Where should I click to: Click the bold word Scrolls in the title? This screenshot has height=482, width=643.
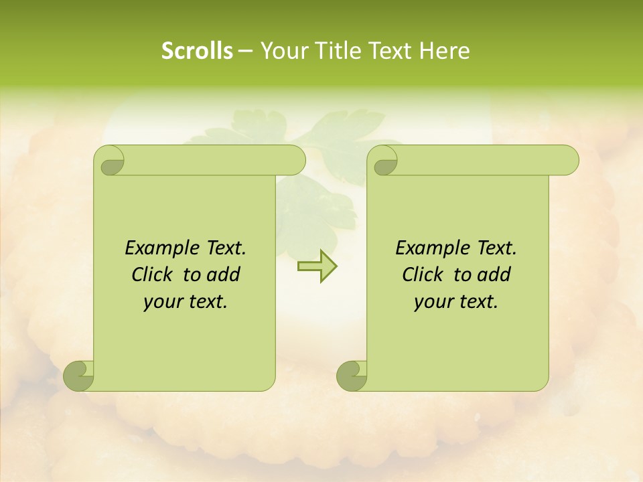[197, 51]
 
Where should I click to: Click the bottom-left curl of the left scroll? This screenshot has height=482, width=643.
[79, 375]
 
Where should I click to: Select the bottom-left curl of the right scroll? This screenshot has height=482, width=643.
[352, 375]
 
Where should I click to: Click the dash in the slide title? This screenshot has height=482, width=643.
[246, 52]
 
